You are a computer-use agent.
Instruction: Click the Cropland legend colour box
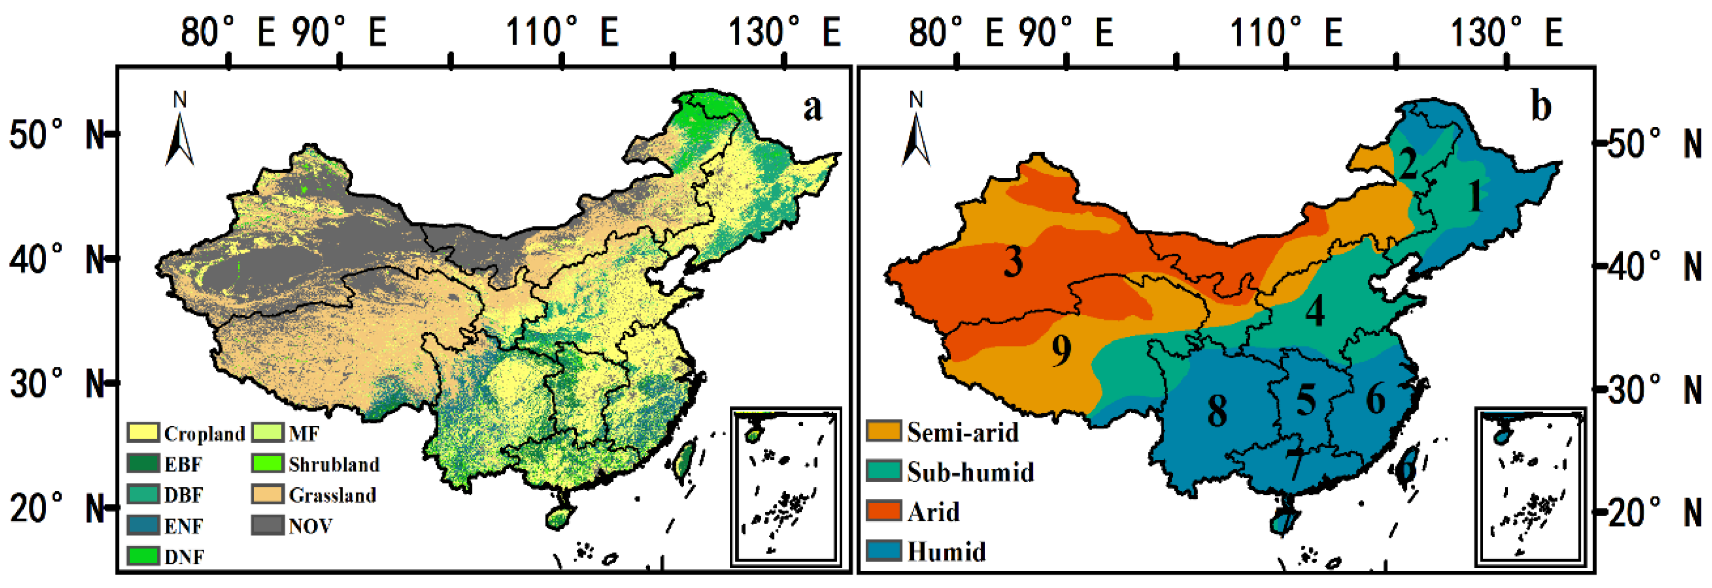coord(143,433)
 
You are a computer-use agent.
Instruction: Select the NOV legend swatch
coord(267,526)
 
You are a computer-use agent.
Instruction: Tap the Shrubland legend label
coord(333,464)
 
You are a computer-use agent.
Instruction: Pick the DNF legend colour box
coord(143,556)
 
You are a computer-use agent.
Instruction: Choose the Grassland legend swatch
coord(267,495)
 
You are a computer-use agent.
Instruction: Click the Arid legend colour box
coord(884,511)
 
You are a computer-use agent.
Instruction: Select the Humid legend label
coord(946,552)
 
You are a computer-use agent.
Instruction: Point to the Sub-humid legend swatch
coord(884,471)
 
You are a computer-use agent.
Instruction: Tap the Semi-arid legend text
coord(962,433)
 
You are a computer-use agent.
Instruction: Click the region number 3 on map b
coord(1013,261)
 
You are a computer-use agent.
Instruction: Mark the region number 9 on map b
coord(1061,350)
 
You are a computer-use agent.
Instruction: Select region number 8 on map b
coord(1217,410)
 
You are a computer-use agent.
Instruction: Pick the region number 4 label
coord(1315,310)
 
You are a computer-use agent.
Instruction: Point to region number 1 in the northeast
coord(1474,197)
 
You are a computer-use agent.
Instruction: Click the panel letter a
coord(812,108)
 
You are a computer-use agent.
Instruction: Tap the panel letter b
coord(1541,106)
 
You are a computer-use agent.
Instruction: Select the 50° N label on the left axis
coord(56,135)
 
